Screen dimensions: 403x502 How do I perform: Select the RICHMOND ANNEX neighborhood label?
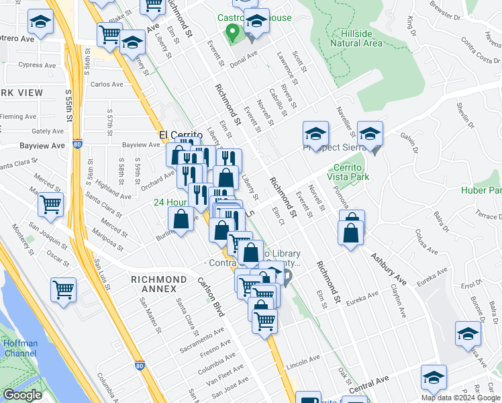tap(159, 284)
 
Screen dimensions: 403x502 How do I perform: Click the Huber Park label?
tap(481, 190)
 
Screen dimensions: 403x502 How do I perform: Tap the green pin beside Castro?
tap(232, 32)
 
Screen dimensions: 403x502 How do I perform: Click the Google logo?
tap(21, 395)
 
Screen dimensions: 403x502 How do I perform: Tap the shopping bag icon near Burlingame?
tap(181, 220)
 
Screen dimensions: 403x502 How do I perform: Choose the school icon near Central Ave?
tap(434, 377)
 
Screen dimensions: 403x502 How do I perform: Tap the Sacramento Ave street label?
tap(199, 341)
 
